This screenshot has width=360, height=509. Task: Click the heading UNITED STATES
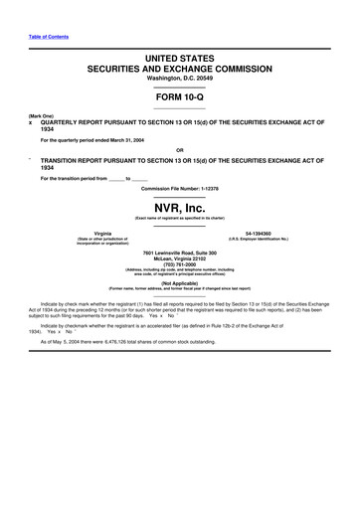[x=180, y=61]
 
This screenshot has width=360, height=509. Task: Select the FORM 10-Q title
[x=180, y=99]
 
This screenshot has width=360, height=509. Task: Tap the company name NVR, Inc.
[x=180, y=206]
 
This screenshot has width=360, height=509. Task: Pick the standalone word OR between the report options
[x=180, y=152]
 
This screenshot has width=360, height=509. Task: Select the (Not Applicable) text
[x=180, y=281]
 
